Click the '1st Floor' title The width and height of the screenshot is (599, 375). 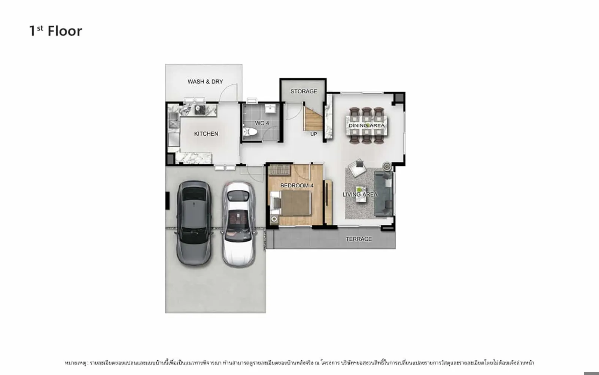point(56,31)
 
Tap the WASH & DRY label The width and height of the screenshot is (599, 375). point(205,81)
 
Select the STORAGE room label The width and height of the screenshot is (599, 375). point(304,91)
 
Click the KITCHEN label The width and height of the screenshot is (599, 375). point(206,133)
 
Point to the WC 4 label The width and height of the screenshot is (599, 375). point(262,123)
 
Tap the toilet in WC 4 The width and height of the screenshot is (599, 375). point(250,132)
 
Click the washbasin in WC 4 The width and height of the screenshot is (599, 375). point(270,108)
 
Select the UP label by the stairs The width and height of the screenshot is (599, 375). point(313,134)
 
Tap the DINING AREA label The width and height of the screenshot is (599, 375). point(367,125)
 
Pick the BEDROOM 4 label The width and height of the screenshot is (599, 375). point(297,185)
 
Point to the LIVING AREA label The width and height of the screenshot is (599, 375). point(360,195)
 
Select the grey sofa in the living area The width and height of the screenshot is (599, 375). point(383,193)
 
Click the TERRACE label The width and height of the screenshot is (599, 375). point(359,239)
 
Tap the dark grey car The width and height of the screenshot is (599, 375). point(194,223)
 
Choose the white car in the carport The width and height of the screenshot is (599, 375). point(238,225)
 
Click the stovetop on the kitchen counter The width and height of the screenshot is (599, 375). point(200,109)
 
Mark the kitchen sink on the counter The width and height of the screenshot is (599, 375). point(173,120)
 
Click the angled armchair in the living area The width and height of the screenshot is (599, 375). point(357,167)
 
